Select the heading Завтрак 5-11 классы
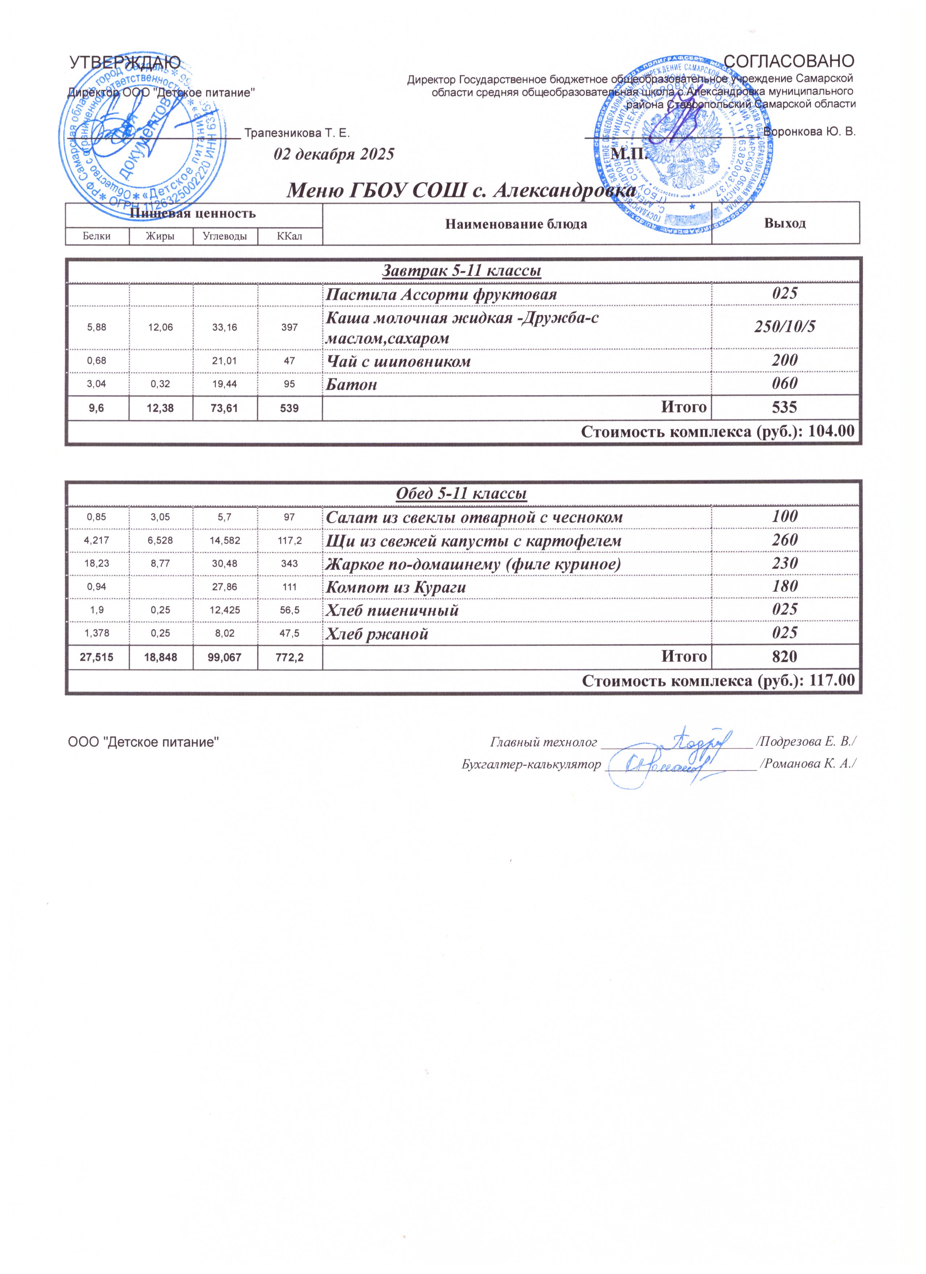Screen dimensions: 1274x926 [461, 271]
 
